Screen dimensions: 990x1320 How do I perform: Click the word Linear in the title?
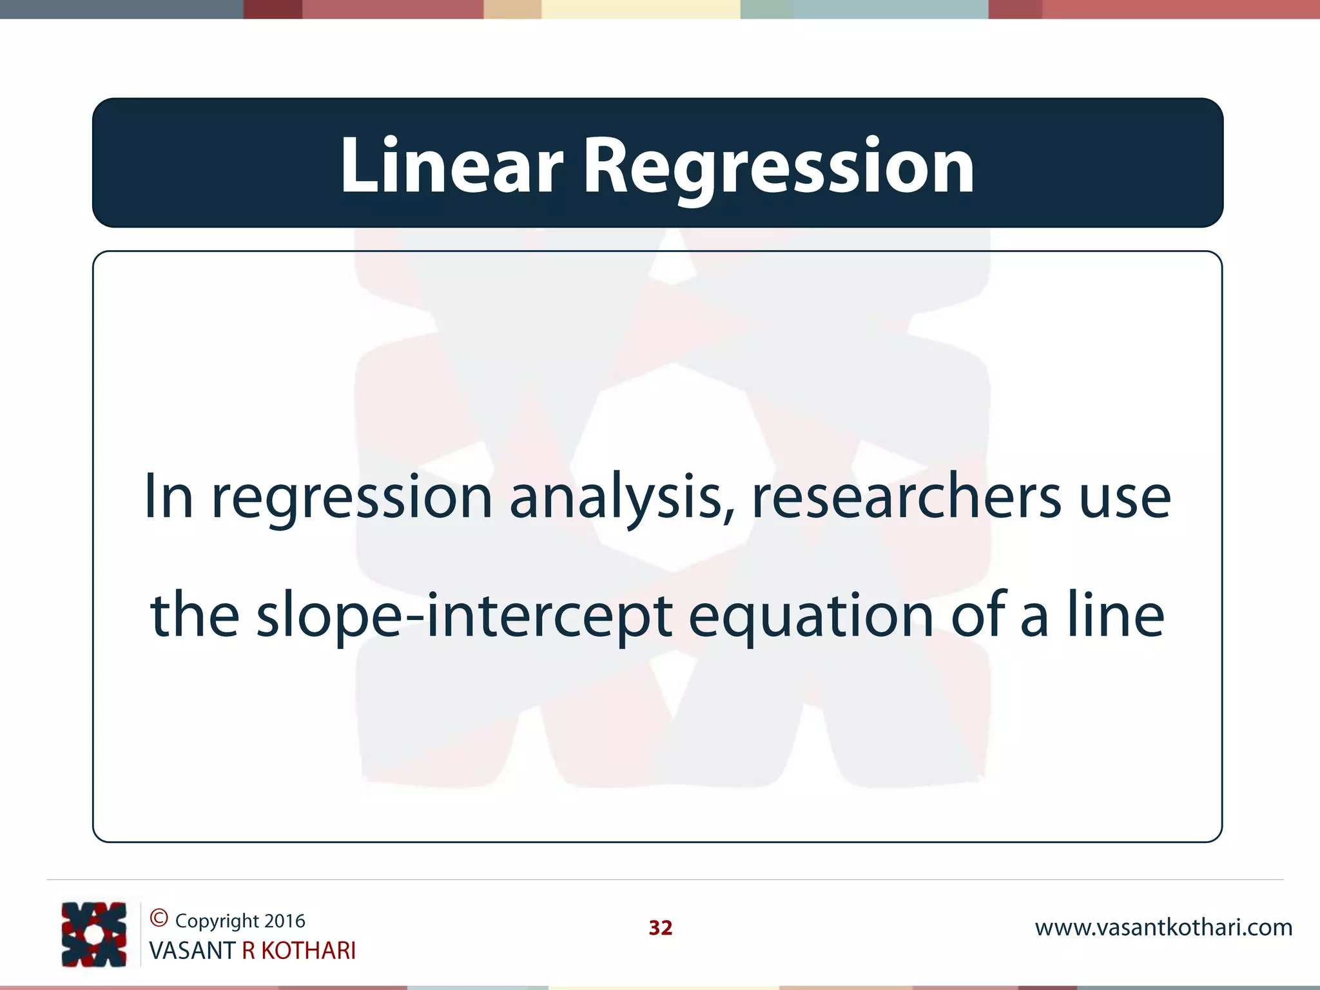click(x=451, y=166)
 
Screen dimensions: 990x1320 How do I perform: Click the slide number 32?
click(x=660, y=927)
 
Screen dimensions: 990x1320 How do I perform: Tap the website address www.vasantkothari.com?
click(x=1163, y=927)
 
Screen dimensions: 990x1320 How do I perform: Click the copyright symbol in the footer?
click(x=159, y=918)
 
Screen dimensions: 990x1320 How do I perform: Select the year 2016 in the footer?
click(x=285, y=920)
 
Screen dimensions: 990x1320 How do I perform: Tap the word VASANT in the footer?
click(x=191, y=951)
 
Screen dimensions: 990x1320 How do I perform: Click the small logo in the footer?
click(x=93, y=934)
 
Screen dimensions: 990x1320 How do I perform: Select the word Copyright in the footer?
click(x=217, y=921)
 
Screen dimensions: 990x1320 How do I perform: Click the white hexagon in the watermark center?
click(x=673, y=467)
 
